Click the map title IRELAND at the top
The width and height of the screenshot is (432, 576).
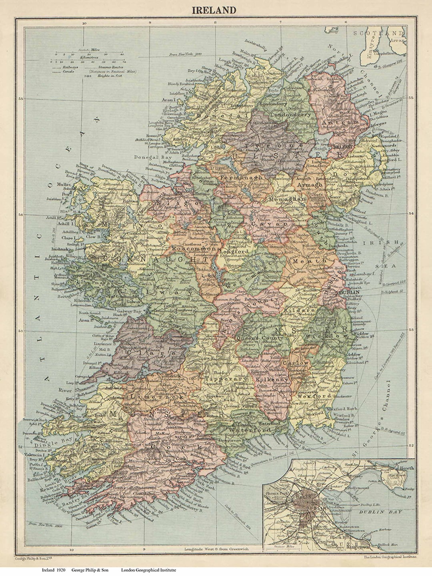pos(214,10)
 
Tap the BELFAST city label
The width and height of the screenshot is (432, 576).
pos(342,147)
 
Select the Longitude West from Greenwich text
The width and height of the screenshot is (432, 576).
pos(216,549)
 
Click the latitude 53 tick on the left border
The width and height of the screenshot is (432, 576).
pos(20,331)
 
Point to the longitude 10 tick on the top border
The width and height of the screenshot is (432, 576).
pos(84,23)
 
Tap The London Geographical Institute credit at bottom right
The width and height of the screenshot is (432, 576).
pos(390,556)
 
